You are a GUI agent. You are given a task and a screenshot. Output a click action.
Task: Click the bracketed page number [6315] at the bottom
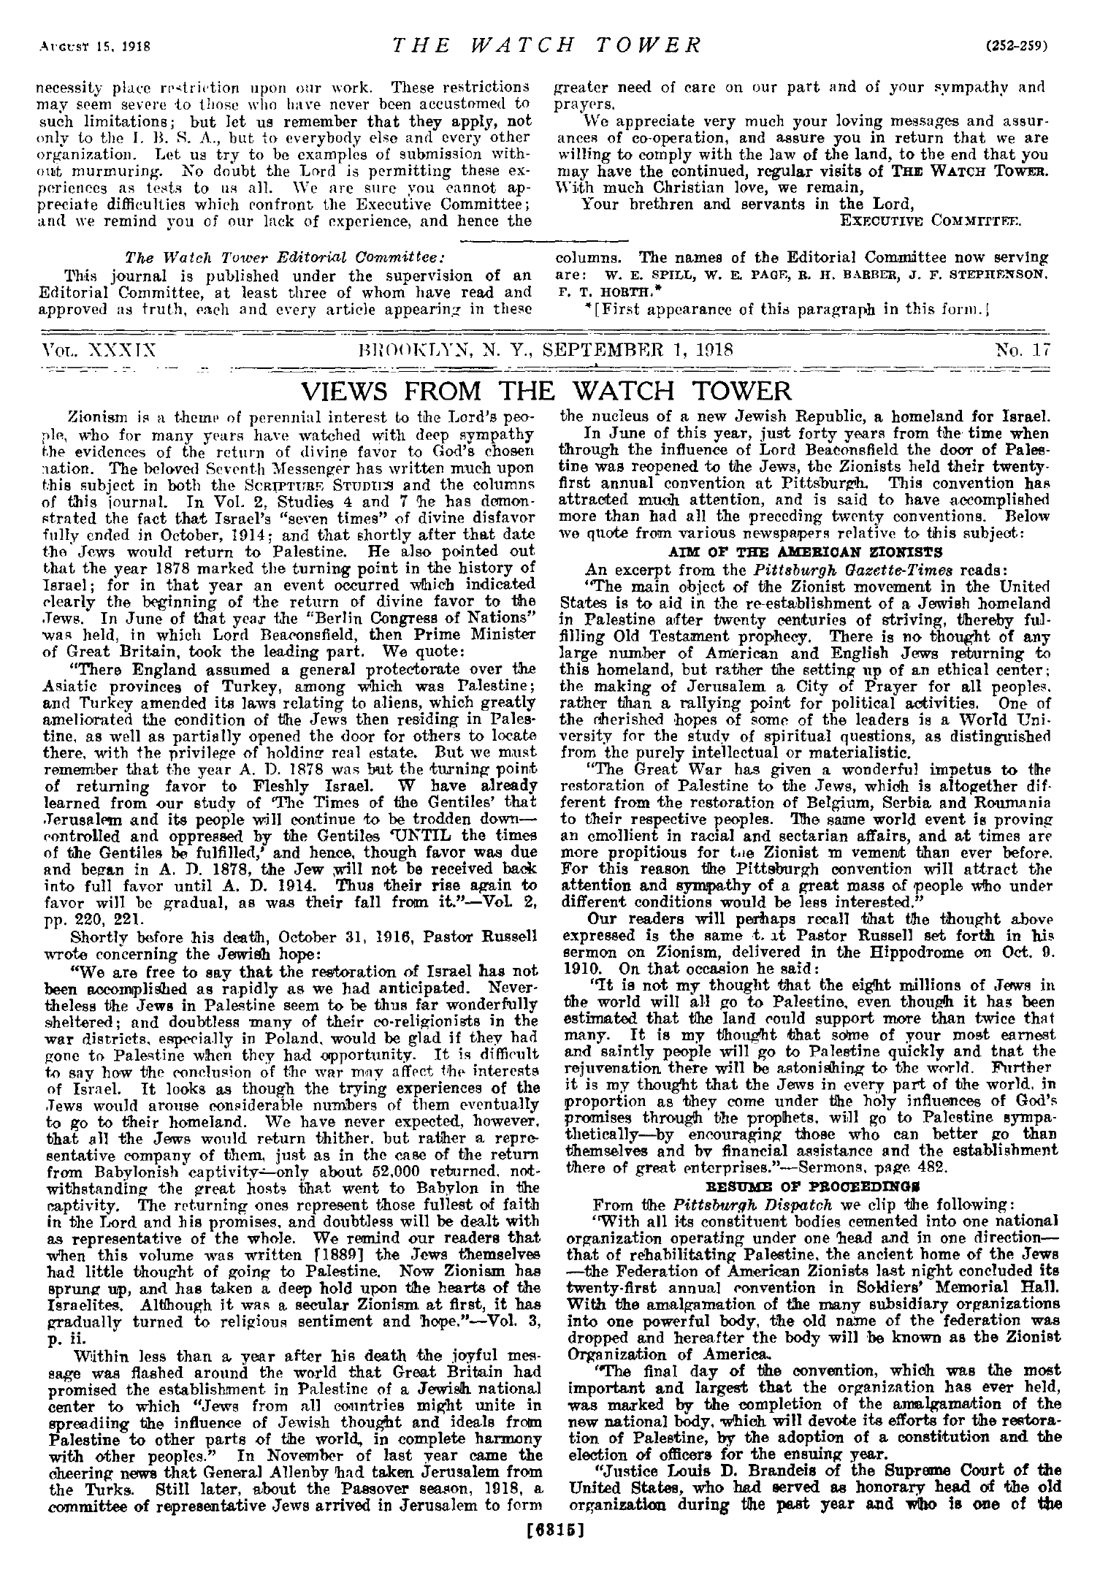(549, 1561)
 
